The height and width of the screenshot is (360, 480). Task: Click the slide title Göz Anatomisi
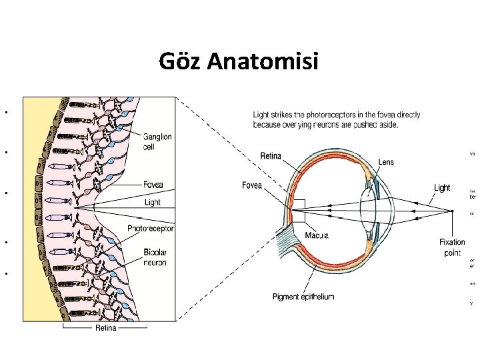[x=239, y=61]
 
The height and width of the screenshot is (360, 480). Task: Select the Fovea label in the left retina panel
[x=152, y=185]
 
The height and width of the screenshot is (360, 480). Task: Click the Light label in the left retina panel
[x=152, y=202]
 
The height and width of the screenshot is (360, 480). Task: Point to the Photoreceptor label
[x=151, y=229]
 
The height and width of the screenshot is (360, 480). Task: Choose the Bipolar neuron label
[x=155, y=257]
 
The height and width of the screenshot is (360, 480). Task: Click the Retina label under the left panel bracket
[x=105, y=328]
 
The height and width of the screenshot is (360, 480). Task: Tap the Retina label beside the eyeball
[x=271, y=157]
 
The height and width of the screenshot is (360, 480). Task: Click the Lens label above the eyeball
[x=386, y=161]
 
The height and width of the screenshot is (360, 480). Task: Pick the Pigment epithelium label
[x=303, y=297]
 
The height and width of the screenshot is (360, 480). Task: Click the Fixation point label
[x=452, y=247]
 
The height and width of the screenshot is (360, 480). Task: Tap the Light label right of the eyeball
[x=442, y=188]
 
